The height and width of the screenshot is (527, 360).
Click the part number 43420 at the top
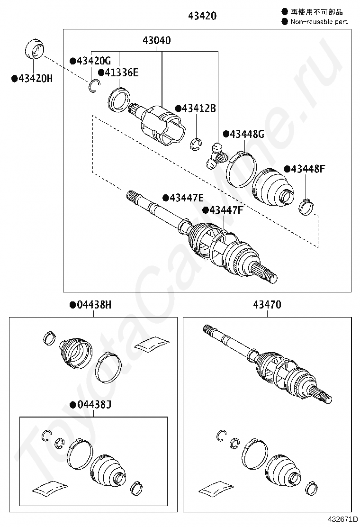tap(202, 16)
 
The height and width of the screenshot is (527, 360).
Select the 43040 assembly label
tap(157, 41)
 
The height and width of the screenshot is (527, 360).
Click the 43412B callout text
tap(195, 109)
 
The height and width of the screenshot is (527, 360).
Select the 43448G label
tap(243, 134)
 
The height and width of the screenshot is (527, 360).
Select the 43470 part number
tap(267, 305)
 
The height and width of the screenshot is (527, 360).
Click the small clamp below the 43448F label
tap(306, 206)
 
